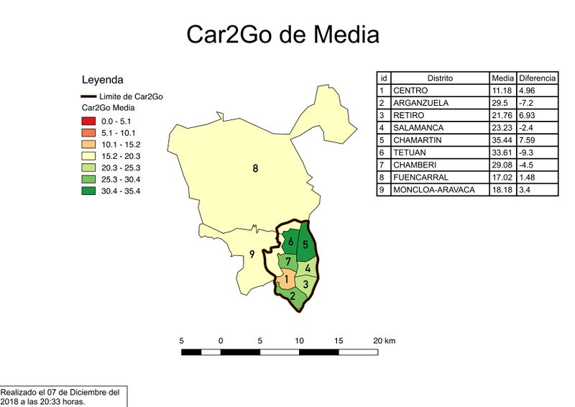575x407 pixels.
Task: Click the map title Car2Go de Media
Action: (x=282, y=35)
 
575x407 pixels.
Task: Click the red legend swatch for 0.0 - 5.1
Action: (x=89, y=122)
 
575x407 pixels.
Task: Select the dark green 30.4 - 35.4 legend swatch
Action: (x=89, y=191)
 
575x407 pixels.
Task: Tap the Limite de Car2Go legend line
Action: (x=89, y=96)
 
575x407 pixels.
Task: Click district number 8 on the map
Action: (x=255, y=169)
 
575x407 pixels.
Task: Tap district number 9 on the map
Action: (x=252, y=254)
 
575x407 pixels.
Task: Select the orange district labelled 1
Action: (x=285, y=279)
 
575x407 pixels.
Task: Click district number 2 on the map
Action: (x=293, y=295)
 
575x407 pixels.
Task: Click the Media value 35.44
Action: (x=502, y=140)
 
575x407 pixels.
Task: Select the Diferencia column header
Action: (x=537, y=78)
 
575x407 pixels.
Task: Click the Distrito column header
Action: (x=440, y=78)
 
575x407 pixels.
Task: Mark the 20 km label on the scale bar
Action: (x=385, y=340)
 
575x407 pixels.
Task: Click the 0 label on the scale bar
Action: (x=221, y=340)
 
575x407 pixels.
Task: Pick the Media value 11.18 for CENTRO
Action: (x=501, y=91)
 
